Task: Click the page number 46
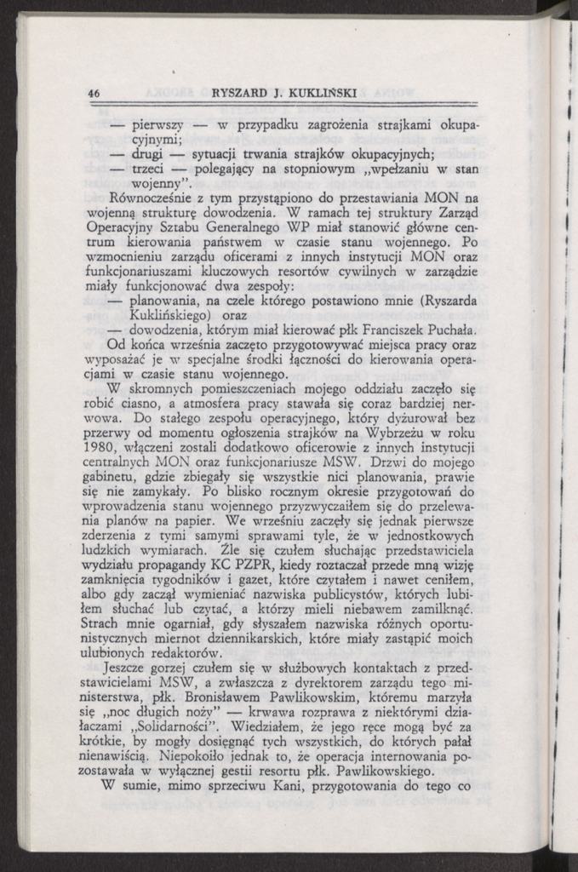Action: pyautogui.click(x=94, y=92)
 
